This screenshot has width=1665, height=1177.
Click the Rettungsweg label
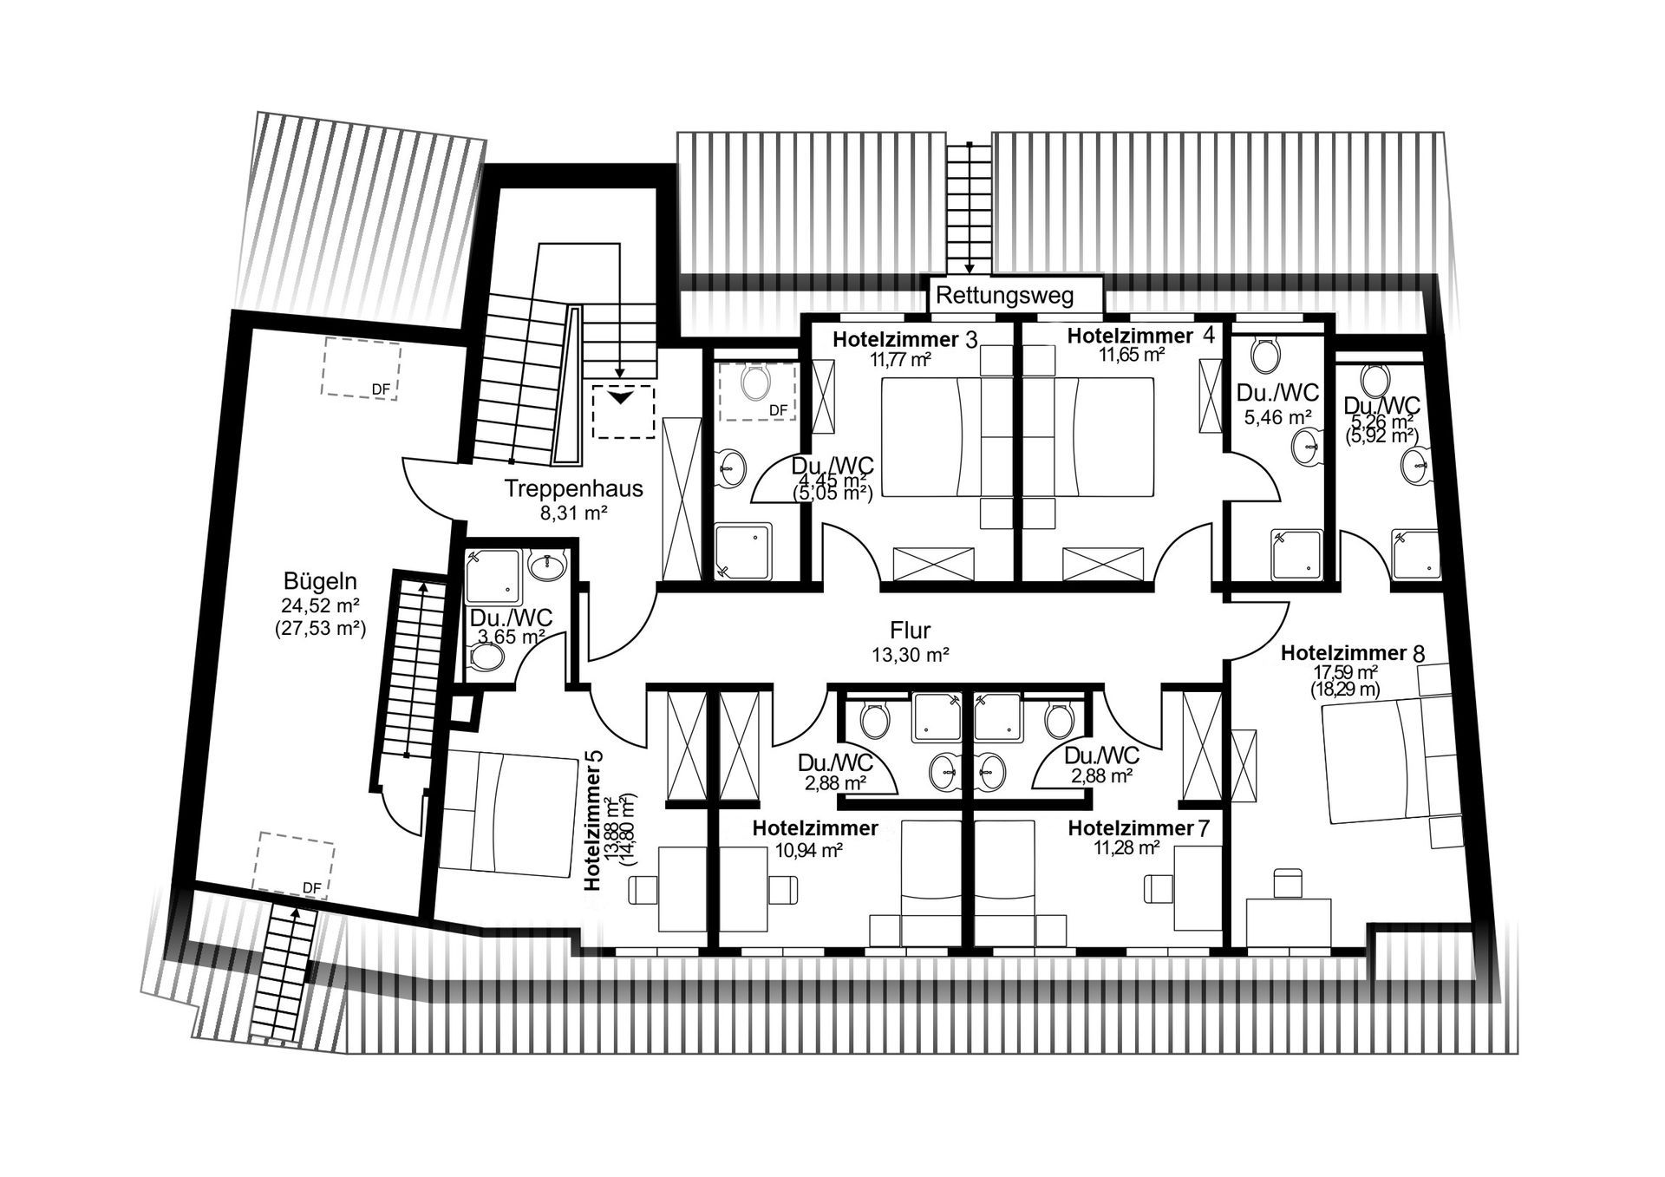1004,296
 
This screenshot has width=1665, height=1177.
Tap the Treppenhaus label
574,488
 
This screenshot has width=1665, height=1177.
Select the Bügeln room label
320,581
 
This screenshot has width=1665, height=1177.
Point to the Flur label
910,631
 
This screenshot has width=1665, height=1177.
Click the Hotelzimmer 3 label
904,339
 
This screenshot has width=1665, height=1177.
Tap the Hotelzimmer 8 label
1352,653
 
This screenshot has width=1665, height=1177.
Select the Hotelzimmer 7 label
1138,828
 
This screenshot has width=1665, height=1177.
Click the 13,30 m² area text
910,656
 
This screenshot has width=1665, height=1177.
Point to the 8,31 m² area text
573,513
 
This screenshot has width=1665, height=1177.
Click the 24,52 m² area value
320,605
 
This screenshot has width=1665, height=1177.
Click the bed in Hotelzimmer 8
1372,762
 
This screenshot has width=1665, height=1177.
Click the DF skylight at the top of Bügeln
362,369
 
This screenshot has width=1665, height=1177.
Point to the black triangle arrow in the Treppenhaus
619,397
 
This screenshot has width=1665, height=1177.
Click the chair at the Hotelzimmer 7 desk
1157,888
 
